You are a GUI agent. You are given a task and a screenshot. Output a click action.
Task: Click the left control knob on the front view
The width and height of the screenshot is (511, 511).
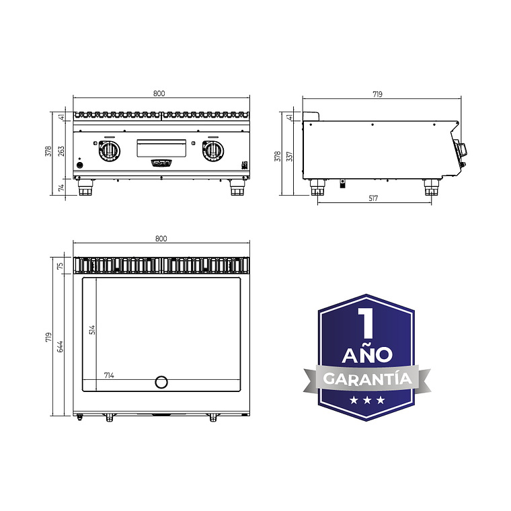coord(108,151)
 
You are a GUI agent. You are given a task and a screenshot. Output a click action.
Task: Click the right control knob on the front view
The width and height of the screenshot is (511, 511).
coord(213,151)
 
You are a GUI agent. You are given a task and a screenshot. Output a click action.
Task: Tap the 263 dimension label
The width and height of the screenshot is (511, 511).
coord(61,151)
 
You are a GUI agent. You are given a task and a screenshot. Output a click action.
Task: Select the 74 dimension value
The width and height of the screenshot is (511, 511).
coord(61,188)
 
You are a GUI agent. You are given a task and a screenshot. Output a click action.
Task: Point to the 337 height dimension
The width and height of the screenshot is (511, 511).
coord(290,156)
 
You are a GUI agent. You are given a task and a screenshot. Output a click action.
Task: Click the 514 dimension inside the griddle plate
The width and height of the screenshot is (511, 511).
coord(92,329)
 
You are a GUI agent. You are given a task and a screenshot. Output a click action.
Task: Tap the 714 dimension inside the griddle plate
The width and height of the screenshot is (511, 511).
coord(109,375)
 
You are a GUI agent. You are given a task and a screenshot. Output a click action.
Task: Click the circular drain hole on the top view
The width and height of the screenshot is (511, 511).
coord(161,382)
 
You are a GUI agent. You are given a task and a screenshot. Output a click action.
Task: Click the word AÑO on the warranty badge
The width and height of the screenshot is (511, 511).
coord(366,354)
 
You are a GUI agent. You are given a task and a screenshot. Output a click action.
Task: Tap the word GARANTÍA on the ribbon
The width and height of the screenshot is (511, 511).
coord(366,379)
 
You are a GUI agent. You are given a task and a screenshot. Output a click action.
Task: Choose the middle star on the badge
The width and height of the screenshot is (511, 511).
coord(366,401)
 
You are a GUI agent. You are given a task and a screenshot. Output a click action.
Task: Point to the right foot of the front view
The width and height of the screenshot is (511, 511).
coord(237,189)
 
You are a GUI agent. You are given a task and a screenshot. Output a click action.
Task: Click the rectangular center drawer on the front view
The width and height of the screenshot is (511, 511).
coord(162,147)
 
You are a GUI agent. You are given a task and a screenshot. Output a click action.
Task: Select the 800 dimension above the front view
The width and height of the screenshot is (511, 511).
coord(159,93)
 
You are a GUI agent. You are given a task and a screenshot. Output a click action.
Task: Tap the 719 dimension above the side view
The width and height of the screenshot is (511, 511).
coord(377,95)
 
